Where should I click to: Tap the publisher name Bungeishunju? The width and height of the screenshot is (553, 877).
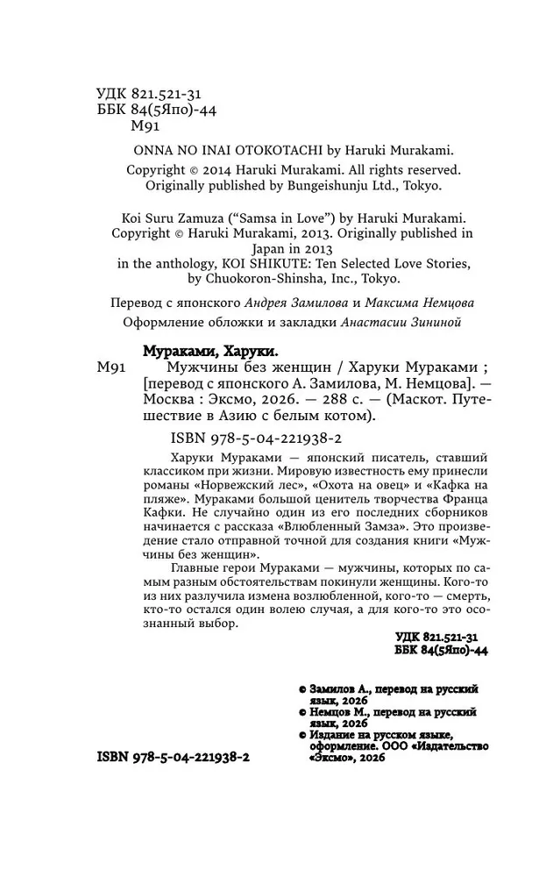click(x=316, y=186)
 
